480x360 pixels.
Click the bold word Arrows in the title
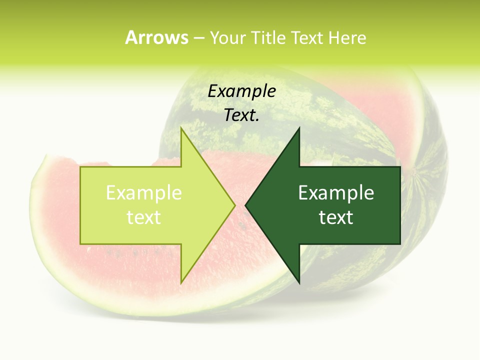click(156, 37)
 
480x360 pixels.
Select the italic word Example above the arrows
click(241, 91)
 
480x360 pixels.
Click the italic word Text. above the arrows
click(241, 115)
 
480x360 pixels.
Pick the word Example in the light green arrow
click(144, 192)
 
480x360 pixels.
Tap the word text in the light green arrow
click(144, 217)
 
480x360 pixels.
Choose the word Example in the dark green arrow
click(336, 192)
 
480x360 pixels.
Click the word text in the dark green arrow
click(336, 217)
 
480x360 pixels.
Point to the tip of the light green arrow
click(235, 205)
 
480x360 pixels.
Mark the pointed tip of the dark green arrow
click(245, 205)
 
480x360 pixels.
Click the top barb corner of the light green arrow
click(181, 128)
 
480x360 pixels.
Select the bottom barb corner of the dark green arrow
click(299, 283)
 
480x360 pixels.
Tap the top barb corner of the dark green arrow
click(299, 128)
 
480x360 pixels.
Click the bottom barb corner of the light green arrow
click(181, 283)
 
